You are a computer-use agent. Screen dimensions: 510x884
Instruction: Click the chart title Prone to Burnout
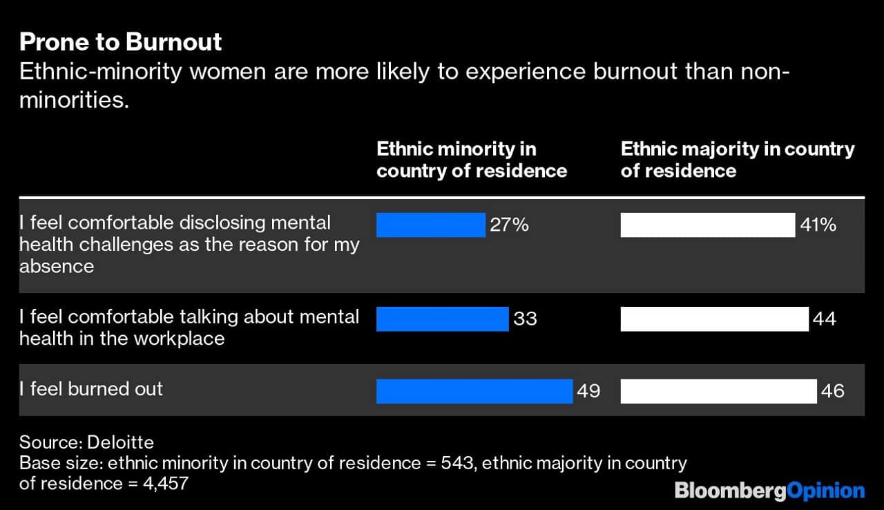point(121,42)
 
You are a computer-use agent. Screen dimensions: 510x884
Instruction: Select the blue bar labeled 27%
point(430,225)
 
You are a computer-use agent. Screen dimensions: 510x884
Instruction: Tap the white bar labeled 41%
point(707,225)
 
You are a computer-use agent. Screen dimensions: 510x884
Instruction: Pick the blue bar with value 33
point(442,319)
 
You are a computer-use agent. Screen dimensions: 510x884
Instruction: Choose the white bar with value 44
point(714,319)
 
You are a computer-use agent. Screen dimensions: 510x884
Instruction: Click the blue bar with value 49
point(474,390)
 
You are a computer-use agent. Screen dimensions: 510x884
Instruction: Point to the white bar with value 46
point(718,390)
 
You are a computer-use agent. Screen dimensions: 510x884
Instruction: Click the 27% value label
point(510,225)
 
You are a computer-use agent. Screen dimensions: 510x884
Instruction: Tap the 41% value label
point(818,225)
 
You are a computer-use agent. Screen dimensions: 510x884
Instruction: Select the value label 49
point(588,390)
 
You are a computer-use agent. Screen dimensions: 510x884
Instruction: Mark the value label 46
point(833,390)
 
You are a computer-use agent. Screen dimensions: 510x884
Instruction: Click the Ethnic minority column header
point(471,160)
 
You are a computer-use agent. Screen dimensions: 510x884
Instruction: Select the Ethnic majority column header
point(737,160)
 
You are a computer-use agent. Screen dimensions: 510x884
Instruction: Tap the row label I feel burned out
point(91,389)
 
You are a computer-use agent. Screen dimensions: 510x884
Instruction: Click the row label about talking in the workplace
point(189,327)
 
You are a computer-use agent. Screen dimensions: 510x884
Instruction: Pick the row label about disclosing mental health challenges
point(189,244)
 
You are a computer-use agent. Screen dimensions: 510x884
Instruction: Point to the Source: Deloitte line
point(86,442)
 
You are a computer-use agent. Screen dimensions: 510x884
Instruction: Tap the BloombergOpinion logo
point(769,491)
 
